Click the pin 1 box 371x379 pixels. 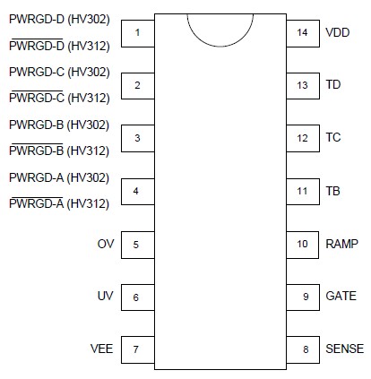(137, 33)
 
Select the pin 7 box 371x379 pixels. (137, 349)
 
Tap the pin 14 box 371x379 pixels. (302, 33)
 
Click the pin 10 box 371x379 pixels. (302, 244)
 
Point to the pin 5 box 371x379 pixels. (137, 244)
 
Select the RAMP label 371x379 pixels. (341, 244)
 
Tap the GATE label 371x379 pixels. (341, 297)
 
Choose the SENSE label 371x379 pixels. (344, 349)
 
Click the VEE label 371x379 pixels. (101, 349)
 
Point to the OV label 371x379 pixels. (106, 244)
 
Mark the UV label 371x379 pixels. (106, 297)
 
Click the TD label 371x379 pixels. (332, 85)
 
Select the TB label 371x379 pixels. (332, 191)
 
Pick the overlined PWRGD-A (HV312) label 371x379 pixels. (59, 203)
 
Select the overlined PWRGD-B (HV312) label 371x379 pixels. (59, 151)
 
